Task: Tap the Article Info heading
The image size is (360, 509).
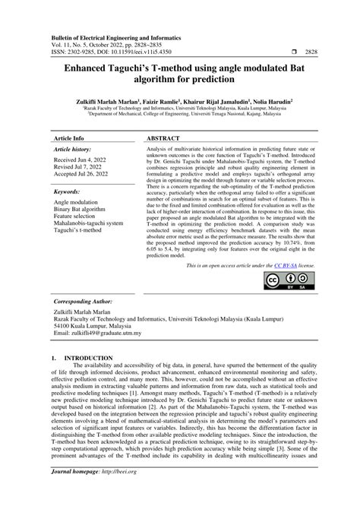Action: (x=68, y=141)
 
